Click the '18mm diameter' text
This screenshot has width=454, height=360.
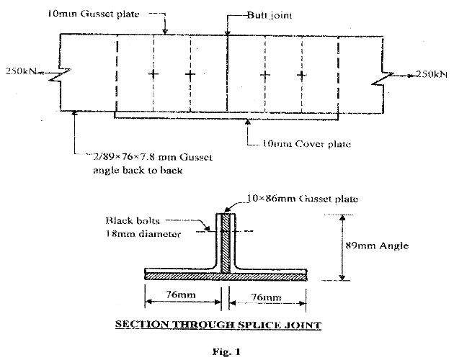[139, 233]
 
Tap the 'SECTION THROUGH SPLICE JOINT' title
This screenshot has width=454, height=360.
[218, 325]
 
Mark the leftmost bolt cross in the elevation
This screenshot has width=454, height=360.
[153, 74]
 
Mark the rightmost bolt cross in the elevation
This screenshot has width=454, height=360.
[301, 74]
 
